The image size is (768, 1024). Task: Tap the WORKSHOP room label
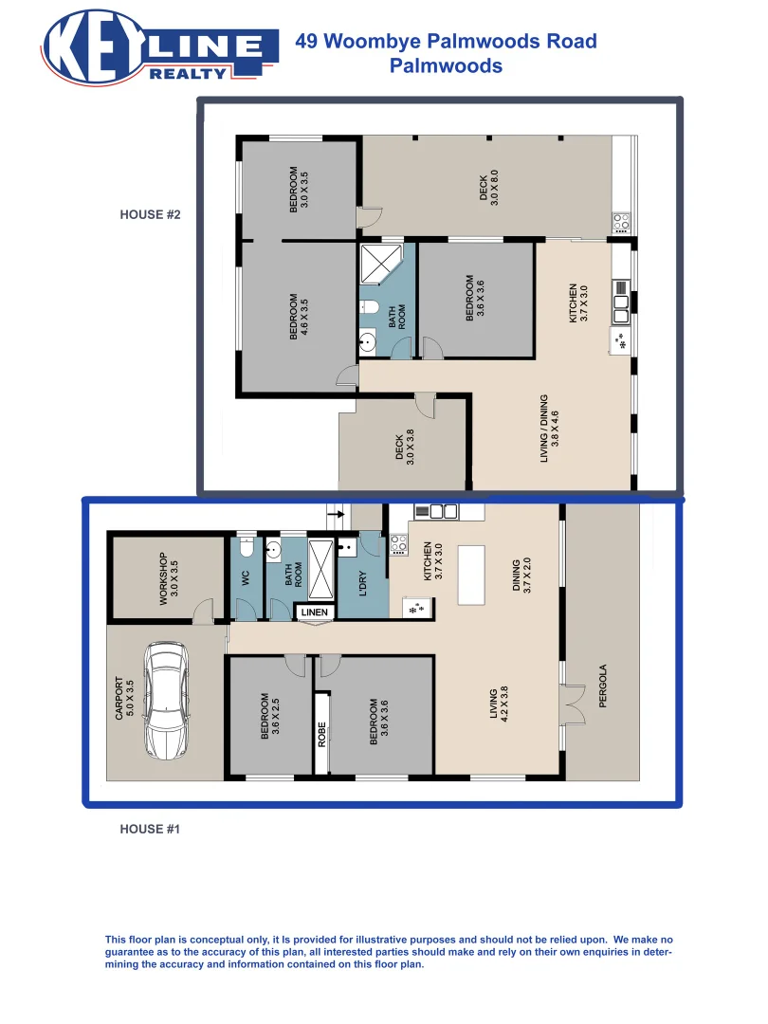[x=168, y=579]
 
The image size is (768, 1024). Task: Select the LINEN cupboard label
[x=314, y=613]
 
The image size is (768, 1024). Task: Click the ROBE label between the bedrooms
[x=322, y=735]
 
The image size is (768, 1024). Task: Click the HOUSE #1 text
[x=150, y=829]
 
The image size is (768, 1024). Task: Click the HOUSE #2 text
[x=150, y=214]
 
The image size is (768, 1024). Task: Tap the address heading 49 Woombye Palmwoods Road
[x=446, y=41]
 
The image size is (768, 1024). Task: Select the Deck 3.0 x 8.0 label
[x=488, y=190]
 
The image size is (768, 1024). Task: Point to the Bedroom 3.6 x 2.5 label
[x=269, y=716]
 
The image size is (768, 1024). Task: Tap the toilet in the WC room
[x=246, y=547]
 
